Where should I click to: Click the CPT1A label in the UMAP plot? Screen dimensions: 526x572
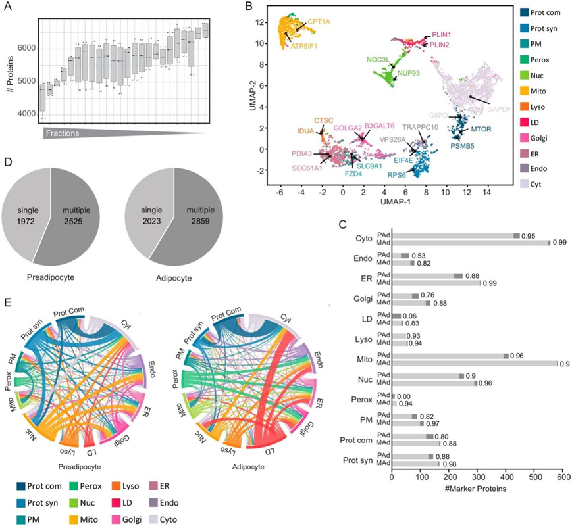click(x=319, y=22)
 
